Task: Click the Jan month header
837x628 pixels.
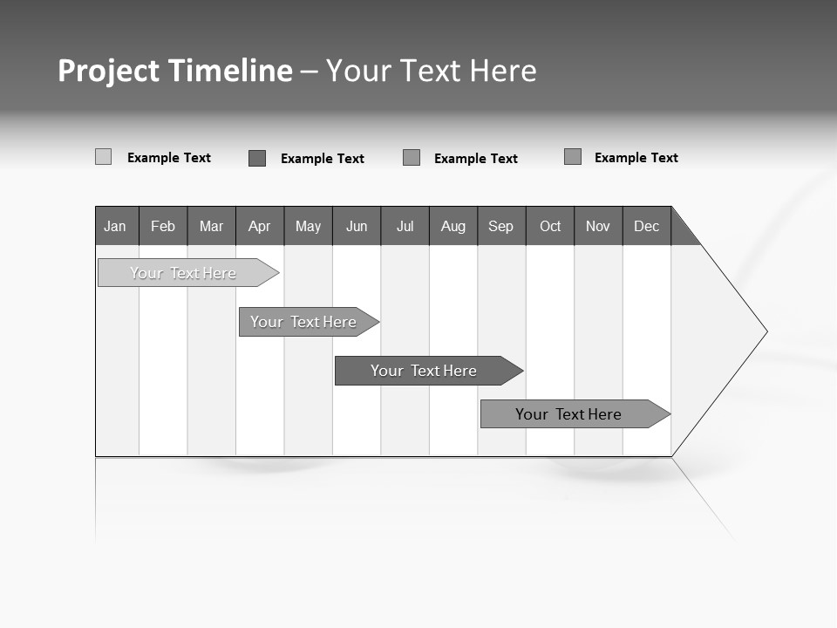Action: [x=116, y=226]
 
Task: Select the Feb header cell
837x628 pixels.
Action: [x=163, y=226]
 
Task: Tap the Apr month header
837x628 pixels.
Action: [x=259, y=226]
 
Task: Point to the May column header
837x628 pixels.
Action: [x=308, y=226]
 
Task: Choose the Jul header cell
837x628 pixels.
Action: [x=405, y=226]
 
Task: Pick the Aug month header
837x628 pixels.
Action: [x=453, y=226]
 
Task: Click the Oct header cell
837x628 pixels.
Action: [x=550, y=226]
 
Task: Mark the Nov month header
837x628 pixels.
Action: [x=598, y=226]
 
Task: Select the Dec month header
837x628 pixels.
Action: [x=647, y=226]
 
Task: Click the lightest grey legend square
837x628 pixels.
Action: [x=103, y=157]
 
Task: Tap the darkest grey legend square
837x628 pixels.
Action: [x=257, y=158]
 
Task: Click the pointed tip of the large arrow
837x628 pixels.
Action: [x=765, y=331]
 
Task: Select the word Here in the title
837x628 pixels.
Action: [x=503, y=71]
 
